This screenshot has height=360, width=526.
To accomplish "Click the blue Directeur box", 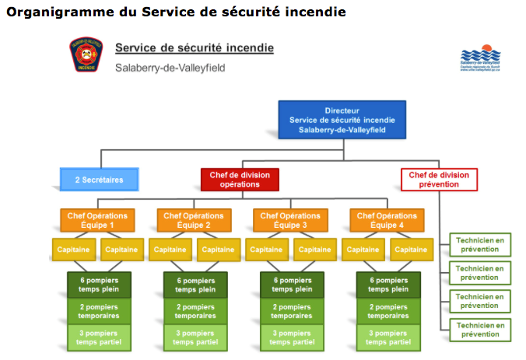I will [x=342, y=121].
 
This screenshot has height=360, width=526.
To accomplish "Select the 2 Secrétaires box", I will [x=99, y=180].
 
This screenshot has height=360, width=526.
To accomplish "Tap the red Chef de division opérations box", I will [x=240, y=180].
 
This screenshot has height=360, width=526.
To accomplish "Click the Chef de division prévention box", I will [x=438, y=180].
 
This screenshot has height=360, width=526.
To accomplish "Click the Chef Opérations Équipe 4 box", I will [x=386, y=220].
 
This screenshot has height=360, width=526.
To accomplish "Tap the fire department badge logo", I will [x=86, y=55].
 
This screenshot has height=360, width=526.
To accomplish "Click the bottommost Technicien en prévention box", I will [x=479, y=329].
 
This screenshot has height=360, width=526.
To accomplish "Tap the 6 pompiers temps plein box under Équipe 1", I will [x=98, y=285].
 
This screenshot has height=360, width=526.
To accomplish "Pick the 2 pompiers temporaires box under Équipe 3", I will [x=290, y=312].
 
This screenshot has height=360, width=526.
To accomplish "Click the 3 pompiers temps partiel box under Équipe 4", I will [x=387, y=338].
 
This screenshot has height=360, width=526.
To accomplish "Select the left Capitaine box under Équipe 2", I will [x=170, y=250].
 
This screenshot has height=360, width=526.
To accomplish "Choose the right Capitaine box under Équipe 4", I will [x=410, y=250].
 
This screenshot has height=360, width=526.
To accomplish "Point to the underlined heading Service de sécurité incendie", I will [x=194, y=47].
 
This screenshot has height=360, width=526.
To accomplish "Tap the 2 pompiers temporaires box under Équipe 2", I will [x=195, y=312].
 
